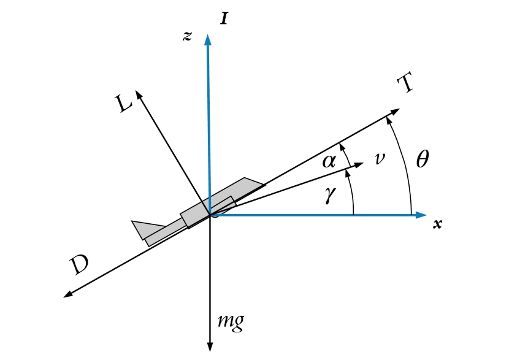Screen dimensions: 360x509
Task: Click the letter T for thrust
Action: [x=404, y=84]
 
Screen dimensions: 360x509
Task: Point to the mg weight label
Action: [x=231, y=321]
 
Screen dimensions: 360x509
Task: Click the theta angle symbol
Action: [x=423, y=159]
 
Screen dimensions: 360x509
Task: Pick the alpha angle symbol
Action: [x=329, y=161]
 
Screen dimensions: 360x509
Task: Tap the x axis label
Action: [x=437, y=224]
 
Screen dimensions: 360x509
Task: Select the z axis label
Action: [x=187, y=36]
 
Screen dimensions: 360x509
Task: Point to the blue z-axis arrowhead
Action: [x=209, y=39]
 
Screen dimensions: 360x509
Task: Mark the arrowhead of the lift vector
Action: [x=139, y=94]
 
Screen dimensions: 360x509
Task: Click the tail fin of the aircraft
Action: [x=142, y=228]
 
